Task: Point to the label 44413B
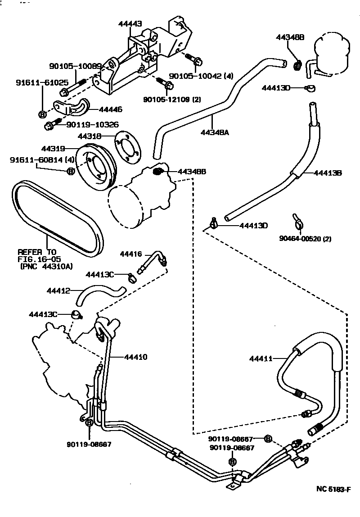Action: click(x=328, y=172)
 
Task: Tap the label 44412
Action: click(x=58, y=291)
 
